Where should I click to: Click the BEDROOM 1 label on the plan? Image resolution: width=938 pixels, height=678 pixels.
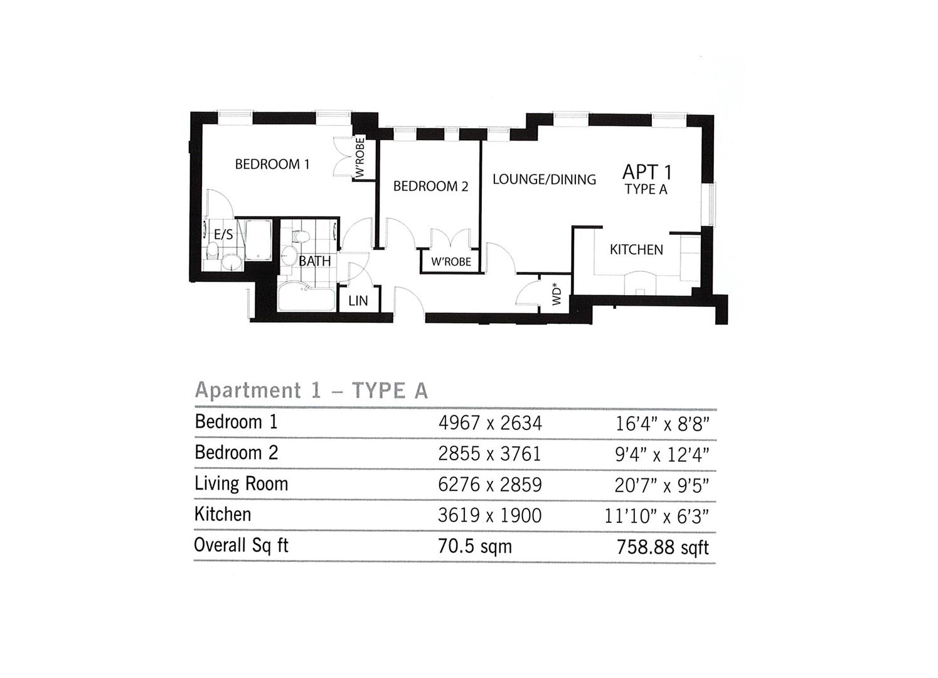[272, 164]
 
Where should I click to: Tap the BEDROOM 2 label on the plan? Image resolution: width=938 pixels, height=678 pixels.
[430, 186]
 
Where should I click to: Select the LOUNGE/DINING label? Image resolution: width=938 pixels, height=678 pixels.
[544, 180]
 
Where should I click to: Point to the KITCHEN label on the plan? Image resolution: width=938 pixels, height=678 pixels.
[636, 250]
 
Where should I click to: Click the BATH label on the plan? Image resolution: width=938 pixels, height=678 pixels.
[314, 261]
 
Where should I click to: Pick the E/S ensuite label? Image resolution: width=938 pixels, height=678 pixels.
[223, 234]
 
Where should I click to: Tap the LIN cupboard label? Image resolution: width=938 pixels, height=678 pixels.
[358, 301]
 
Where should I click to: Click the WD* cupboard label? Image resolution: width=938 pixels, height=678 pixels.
[556, 294]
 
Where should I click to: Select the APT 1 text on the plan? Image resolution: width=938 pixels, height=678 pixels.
[646, 172]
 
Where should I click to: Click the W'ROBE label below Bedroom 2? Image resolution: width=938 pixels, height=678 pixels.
[451, 262]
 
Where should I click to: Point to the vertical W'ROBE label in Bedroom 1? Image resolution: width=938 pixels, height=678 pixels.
[360, 158]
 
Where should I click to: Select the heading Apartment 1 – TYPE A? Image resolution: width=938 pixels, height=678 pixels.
[312, 390]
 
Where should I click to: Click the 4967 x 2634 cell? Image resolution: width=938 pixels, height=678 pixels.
[490, 422]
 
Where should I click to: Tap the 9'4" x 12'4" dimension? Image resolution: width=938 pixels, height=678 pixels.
[662, 455]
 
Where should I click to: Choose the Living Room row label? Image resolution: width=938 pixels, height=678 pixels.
[241, 484]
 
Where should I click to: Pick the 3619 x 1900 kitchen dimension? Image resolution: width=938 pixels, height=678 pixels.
[489, 515]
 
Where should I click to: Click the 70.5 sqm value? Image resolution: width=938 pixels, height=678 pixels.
[475, 546]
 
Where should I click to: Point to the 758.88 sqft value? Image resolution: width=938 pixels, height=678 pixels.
[663, 547]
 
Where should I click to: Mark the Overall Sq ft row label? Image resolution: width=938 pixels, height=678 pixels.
[241, 546]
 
